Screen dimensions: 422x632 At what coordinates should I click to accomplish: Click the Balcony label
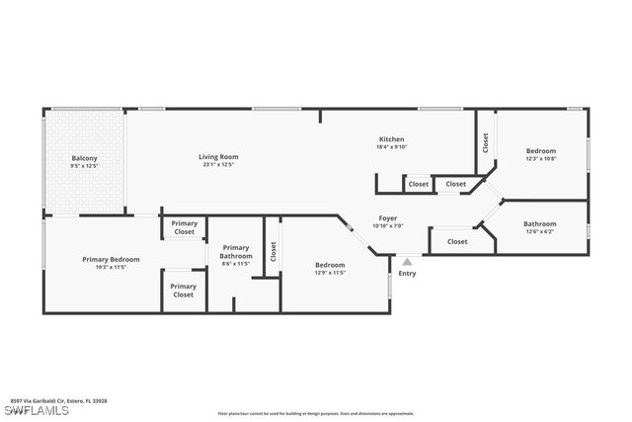pos(84,158)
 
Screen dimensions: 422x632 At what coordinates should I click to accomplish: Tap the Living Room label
pos(218,156)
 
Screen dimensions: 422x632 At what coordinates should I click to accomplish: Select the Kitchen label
pos(392,139)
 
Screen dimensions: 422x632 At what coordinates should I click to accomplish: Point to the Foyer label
pos(388,217)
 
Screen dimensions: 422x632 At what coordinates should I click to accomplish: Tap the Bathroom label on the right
pos(539,223)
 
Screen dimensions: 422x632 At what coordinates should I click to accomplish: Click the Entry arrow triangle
pos(407,262)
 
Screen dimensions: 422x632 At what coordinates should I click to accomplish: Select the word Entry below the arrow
pos(407,274)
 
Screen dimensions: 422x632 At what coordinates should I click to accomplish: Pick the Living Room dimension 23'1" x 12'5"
pos(218,165)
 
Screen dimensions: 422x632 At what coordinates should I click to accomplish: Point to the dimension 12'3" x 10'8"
pos(540,158)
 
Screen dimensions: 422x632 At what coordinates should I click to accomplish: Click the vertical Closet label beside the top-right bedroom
pos(485,142)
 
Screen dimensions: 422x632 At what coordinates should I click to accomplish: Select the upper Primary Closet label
pos(185,227)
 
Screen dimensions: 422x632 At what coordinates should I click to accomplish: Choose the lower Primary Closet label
pos(184,291)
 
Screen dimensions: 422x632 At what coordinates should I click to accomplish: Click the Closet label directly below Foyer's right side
pos(457,241)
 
